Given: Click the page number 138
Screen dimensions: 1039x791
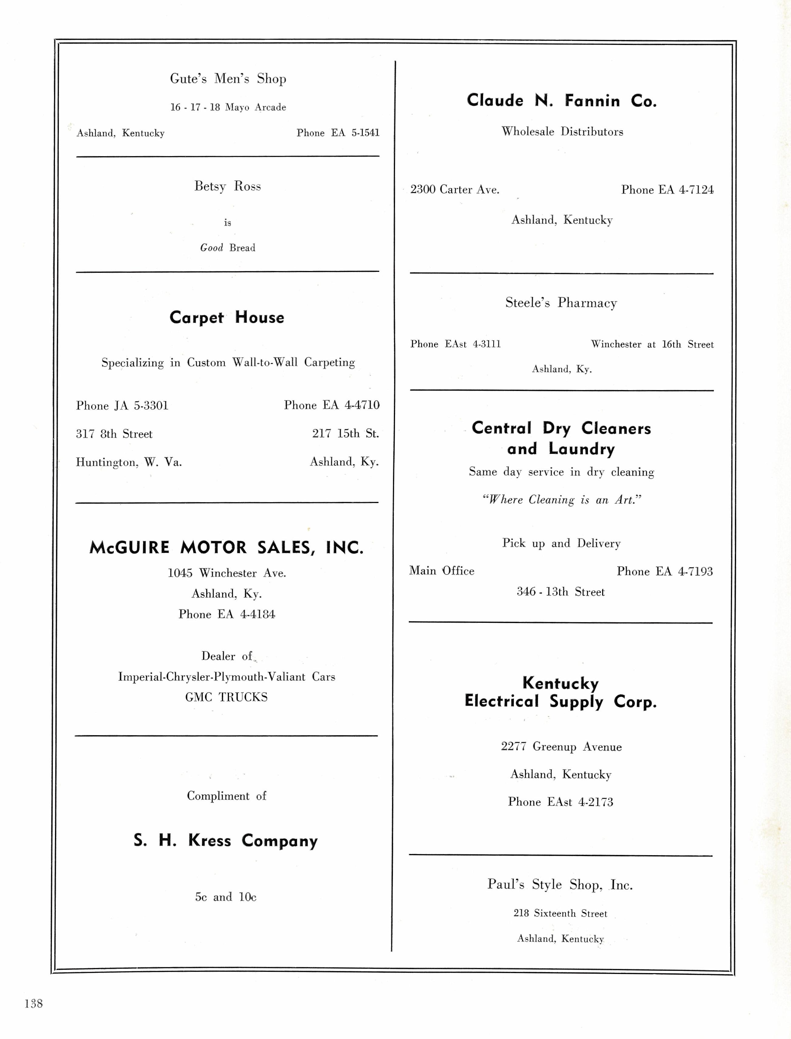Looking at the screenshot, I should point(33,1003).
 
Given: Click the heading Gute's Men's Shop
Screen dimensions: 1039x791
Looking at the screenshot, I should point(228,79).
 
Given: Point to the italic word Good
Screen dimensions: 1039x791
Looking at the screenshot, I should point(211,248).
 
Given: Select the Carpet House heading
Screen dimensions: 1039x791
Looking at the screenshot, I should point(227,317).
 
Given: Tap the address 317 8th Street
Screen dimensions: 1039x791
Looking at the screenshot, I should point(114,434).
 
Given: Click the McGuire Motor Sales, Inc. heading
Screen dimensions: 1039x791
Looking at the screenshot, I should point(227,547).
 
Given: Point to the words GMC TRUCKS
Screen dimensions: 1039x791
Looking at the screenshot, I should point(227,697).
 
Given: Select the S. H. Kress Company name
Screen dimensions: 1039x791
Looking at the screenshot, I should point(226,841).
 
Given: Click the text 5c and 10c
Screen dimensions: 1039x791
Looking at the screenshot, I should point(226,897).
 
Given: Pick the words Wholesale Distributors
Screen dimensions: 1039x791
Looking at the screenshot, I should point(562,132).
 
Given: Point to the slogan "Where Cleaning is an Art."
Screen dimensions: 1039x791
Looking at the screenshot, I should point(562,500).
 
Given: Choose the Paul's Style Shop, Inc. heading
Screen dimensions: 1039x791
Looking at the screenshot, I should point(560,884).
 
